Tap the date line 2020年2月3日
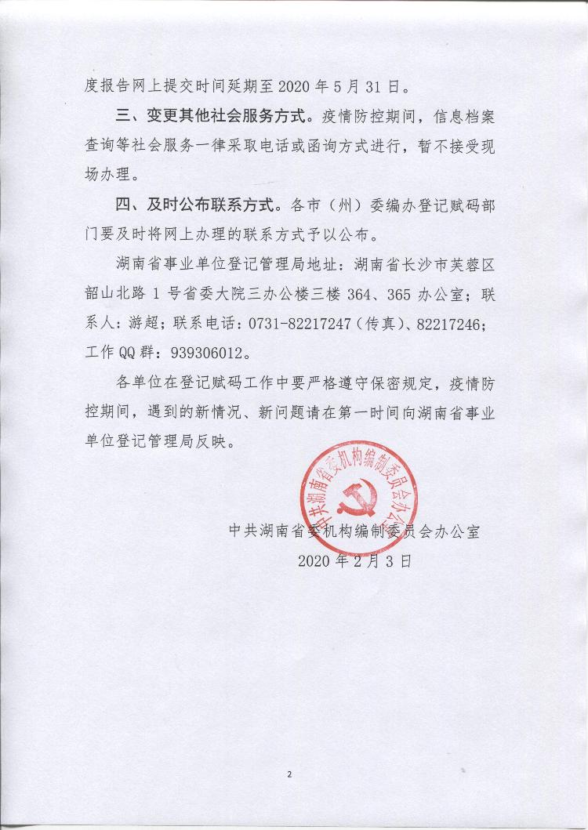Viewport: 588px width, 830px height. (354, 561)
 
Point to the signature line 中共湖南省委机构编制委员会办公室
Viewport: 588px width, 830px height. (354, 531)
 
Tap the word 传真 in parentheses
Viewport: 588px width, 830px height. (383, 323)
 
